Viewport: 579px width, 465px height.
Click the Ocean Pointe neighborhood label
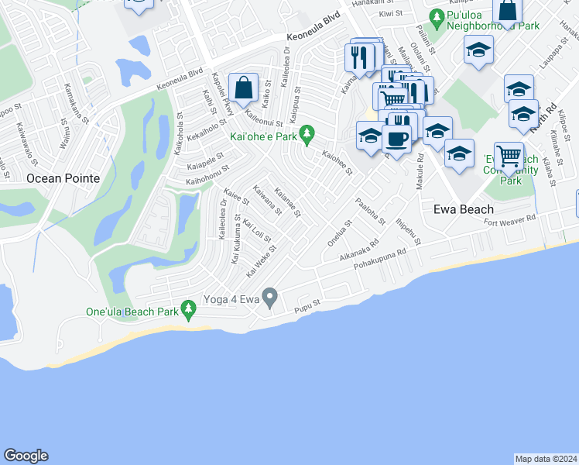[x=63, y=178]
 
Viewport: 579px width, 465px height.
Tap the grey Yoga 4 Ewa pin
[x=270, y=295]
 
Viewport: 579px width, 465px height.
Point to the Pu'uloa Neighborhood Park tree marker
[x=437, y=16]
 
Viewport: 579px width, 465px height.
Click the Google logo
[x=26, y=456]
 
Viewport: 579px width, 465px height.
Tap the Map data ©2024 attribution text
[x=545, y=459]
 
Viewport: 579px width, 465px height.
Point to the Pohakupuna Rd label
[x=380, y=260]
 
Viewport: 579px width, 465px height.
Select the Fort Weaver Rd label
[x=510, y=222]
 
